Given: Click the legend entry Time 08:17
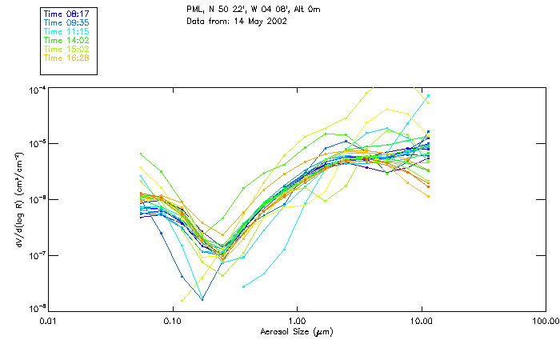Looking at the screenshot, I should [x=66, y=14].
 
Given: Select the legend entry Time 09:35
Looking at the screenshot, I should [x=66, y=23].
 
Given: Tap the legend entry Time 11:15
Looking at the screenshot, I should [x=66, y=31].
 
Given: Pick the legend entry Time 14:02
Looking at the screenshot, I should [x=66, y=40].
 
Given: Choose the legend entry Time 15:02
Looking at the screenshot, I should [x=66, y=49].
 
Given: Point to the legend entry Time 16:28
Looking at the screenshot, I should [x=66, y=58].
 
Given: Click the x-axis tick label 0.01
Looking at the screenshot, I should [x=49, y=322].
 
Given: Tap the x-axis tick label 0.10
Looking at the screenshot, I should [x=173, y=322].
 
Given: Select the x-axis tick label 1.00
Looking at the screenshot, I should [x=297, y=322].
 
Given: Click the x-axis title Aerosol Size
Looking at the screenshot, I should [x=297, y=331].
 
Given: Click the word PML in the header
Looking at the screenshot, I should [x=194, y=10].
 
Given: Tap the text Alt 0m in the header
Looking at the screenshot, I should [x=306, y=10].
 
